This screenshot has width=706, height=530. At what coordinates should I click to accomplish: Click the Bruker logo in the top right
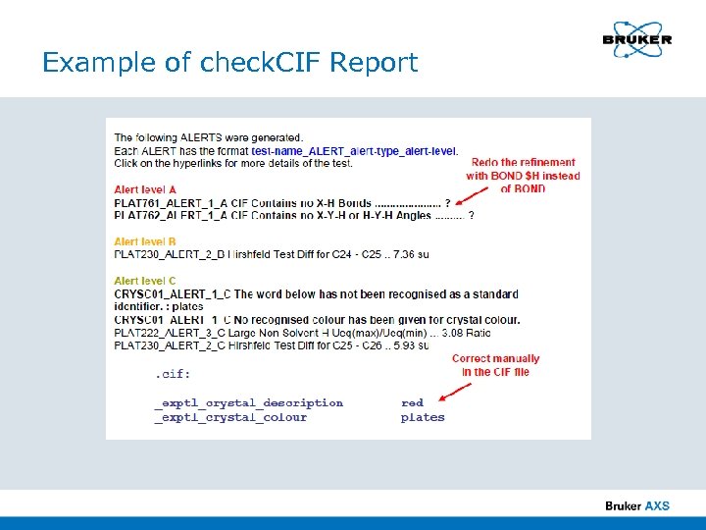[x=636, y=40]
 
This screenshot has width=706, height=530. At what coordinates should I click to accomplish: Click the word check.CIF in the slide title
[x=261, y=63]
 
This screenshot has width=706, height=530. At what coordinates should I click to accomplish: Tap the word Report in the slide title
[x=374, y=63]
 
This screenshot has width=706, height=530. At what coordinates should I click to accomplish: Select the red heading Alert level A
[x=145, y=189]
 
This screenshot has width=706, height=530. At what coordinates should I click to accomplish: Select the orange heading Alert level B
[x=145, y=241]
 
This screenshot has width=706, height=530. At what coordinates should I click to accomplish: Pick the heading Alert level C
[x=145, y=281]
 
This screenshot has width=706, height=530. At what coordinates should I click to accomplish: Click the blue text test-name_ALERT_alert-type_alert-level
[x=354, y=150]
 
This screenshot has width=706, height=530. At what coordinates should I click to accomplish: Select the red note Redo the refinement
[x=523, y=163]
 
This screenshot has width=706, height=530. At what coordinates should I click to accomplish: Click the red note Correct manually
[x=495, y=359]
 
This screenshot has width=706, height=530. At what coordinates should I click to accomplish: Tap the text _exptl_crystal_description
[x=248, y=402]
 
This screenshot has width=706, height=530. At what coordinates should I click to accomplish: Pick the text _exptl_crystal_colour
[x=230, y=417]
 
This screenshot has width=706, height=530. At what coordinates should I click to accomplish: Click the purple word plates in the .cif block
[x=423, y=417]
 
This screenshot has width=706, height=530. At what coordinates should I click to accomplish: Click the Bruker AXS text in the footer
[x=637, y=505]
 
